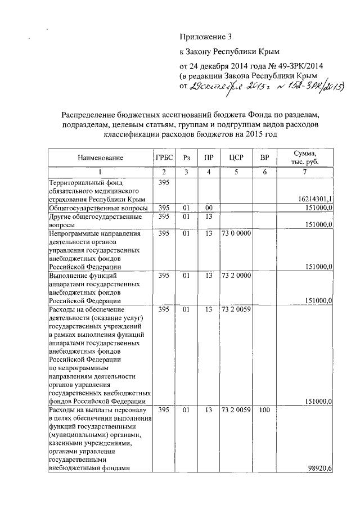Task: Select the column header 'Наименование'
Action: pyautogui.click(x=100, y=159)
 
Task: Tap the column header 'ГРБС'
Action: pyautogui.click(x=164, y=159)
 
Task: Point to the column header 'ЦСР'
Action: pyautogui.click(x=236, y=159)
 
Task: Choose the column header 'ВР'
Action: pyautogui.click(x=264, y=159)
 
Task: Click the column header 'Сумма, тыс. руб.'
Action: pyautogui.click(x=304, y=158)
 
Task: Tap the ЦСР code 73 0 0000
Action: pyautogui.click(x=236, y=232)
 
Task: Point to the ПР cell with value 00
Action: pyautogui.click(x=209, y=208)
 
